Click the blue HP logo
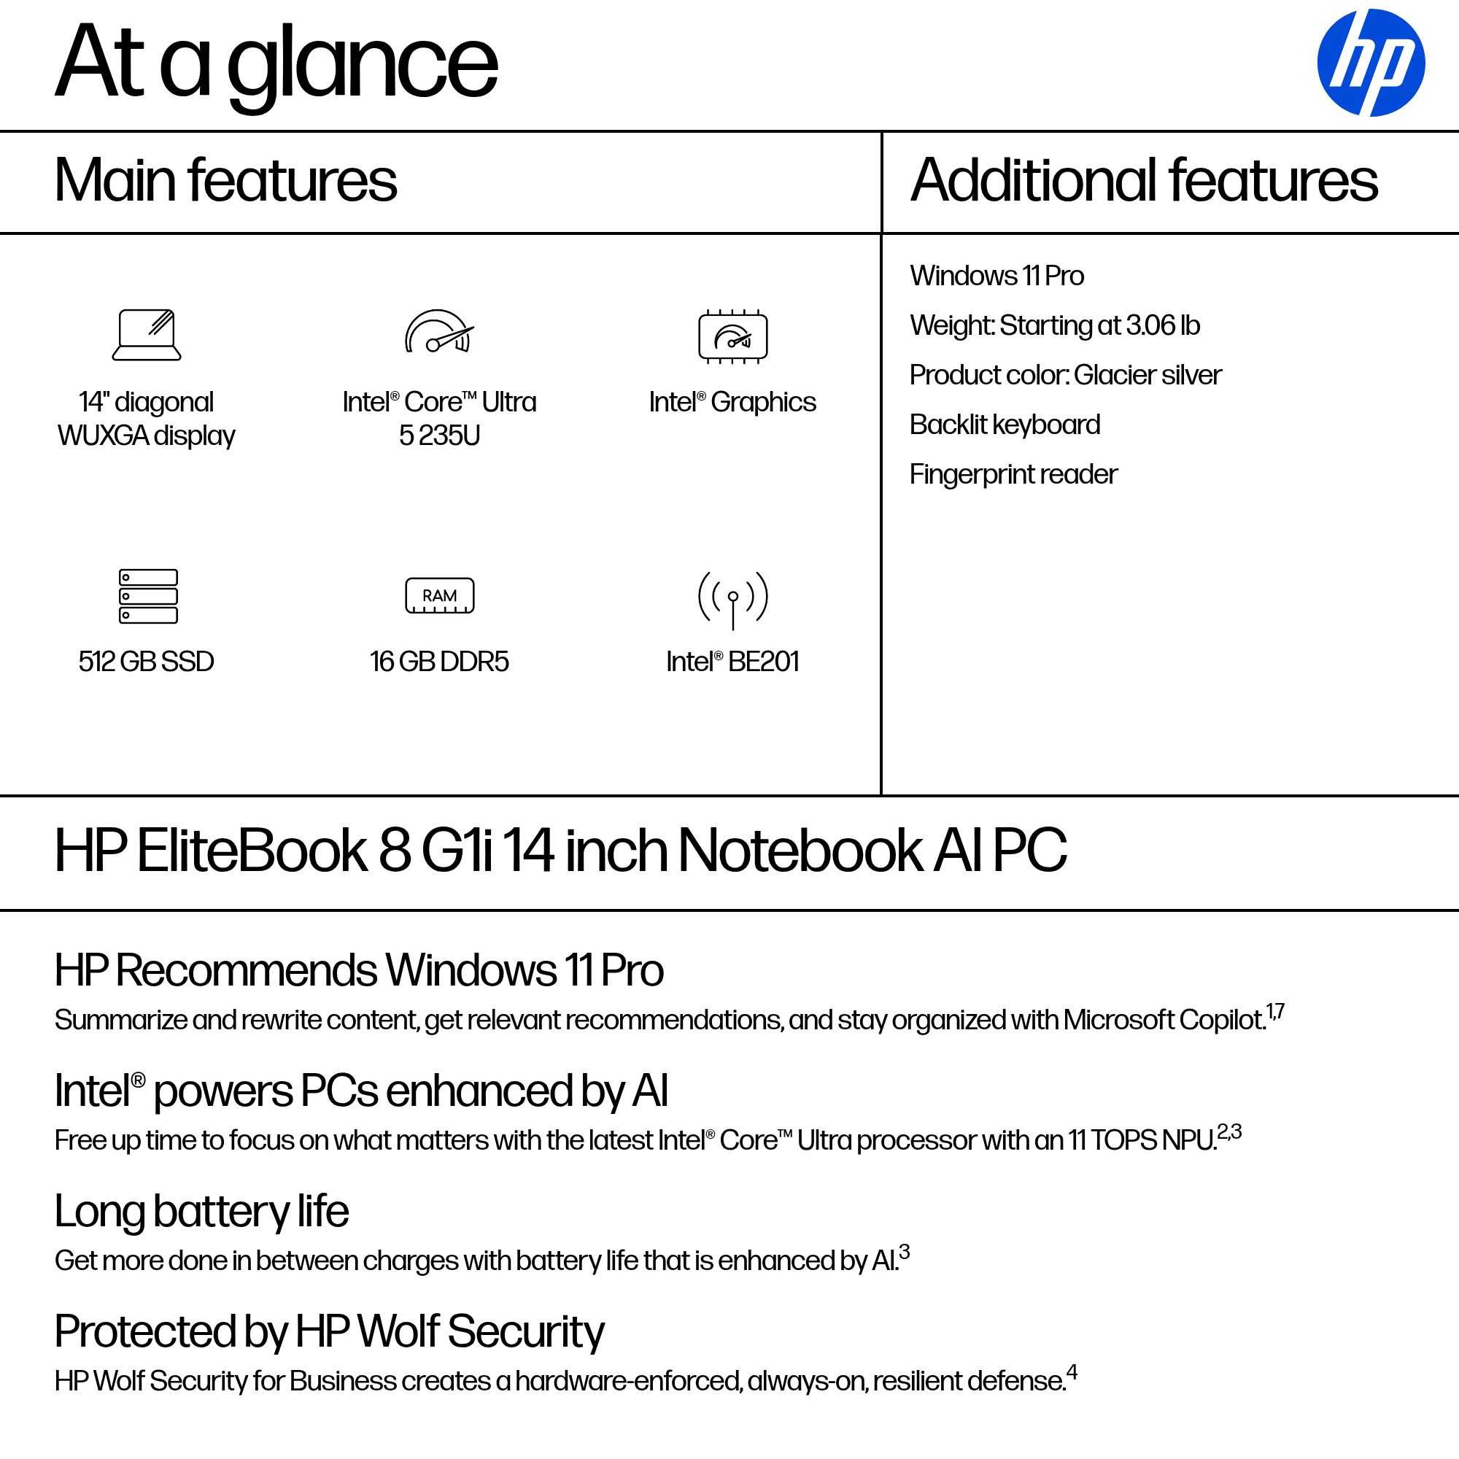click(x=1370, y=63)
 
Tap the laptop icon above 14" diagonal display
click(x=147, y=335)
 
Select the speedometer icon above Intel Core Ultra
click(x=438, y=332)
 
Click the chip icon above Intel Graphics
click(x=732, y=336)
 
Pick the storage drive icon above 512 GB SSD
click(x=148, y=596)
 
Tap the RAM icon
click(x=439, y=596)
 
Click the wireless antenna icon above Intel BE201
click(x=732, y=599)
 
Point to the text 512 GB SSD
click(x=147, y=662)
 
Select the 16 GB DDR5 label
click(x=438, y=662)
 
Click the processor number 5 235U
click(x=439, y=436)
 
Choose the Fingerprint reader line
click(x=1013, y=474)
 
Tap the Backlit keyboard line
click(x=1005, y=425)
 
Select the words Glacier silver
click(x=1147, y=374)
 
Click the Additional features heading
click(x=1144, y=180)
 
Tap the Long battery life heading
click(x=201, y=1211)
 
